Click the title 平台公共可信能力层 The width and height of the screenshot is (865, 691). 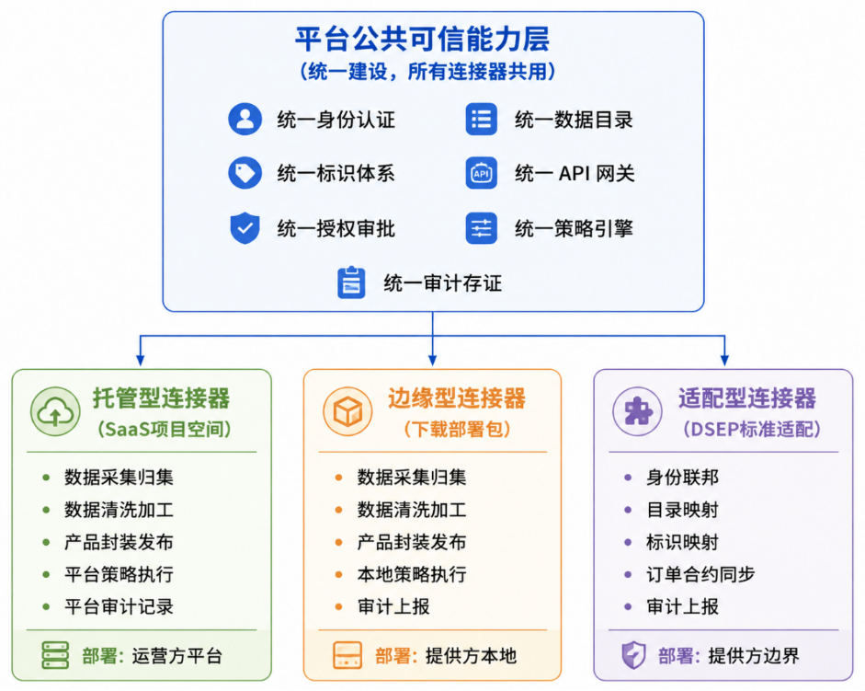(x=422, y=39)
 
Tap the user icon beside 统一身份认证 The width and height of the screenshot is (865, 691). (x=245, y=119)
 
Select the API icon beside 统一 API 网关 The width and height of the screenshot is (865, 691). (x=481, y=174)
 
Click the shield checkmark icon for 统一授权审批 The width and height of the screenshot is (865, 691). (x=245, y=227)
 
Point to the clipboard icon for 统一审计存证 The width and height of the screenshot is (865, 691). (x=351, y=282)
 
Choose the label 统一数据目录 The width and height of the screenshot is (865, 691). (x=574, y=120)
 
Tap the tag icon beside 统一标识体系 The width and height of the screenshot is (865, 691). (x=245, y=174)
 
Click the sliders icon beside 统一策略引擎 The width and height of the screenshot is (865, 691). (x=481, y=228)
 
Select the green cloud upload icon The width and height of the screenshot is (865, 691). (x=55, y=411)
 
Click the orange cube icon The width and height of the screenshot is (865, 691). (x=347, y=411)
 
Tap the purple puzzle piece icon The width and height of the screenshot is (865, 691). (x=637, y=411)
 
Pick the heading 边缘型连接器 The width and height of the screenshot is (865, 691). (x=456, y=398)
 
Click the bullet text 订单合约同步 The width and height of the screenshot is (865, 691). (x=700, y=574)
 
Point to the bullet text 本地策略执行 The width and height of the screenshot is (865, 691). (x=412, y=574)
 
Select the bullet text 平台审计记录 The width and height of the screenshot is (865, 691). (x=119, y=606)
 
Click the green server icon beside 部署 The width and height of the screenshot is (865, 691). (x=56, y=655)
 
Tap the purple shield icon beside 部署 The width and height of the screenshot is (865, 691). (x=633, y=655)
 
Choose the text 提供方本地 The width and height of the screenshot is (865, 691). (x=471, y=656)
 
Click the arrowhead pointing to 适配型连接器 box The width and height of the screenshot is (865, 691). (x=724, y=360)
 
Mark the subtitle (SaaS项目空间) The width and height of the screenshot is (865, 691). (x=164, y=429)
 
